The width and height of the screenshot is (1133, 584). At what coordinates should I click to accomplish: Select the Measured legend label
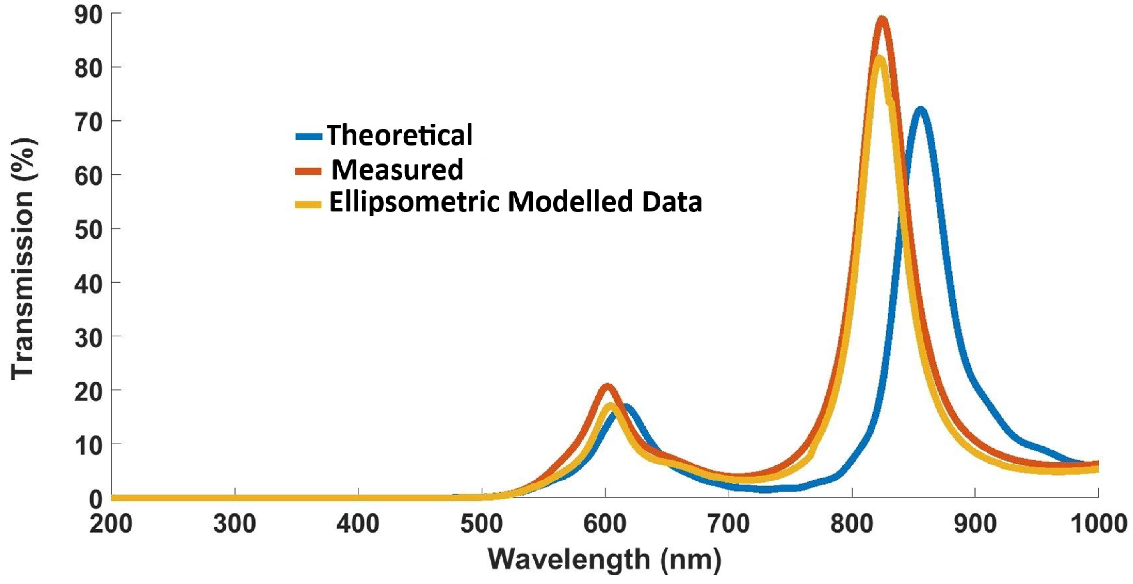point(397,170)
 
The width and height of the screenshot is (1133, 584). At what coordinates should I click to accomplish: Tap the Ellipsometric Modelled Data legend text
point(515,202)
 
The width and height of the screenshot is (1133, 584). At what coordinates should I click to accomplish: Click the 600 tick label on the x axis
point(605,524)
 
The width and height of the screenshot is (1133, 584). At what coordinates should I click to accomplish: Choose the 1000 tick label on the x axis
point(1098,524)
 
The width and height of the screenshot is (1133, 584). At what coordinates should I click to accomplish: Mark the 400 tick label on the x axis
point(358,524)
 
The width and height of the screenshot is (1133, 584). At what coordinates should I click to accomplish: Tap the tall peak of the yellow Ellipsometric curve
point(879,58)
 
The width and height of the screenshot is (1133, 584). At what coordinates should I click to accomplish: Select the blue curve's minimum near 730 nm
point(765,489)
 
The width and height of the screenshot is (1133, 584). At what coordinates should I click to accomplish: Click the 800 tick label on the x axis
point(852,524)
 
